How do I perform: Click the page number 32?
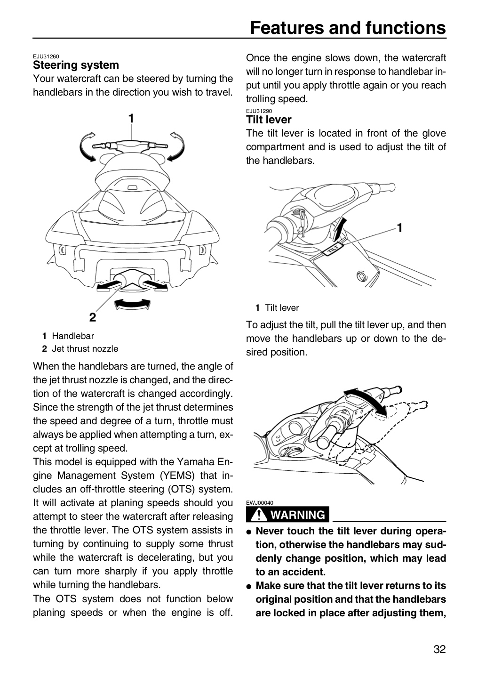[x=439, y=649]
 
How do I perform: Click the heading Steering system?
[x=76, y=65]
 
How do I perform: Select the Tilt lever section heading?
[x=269, y=120]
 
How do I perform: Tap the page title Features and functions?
[x=348, y=28]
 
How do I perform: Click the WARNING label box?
[x=287, y=515]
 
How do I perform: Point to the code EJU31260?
[x=46, y=56]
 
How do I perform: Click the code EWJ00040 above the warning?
[x=260, y=503]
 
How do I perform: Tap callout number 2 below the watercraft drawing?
[x=93, y=317]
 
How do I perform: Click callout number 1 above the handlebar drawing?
[x=131, y=118]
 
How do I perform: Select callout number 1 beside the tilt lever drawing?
[x=399, y=227]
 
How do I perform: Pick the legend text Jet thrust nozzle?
[x=85, y=349]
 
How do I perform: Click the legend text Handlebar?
[x=73, y=336]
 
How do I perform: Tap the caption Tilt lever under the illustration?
[x=282, y=308]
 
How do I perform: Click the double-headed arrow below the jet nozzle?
[x=133, y=304]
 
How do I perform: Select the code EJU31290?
[x=259, y=111]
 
